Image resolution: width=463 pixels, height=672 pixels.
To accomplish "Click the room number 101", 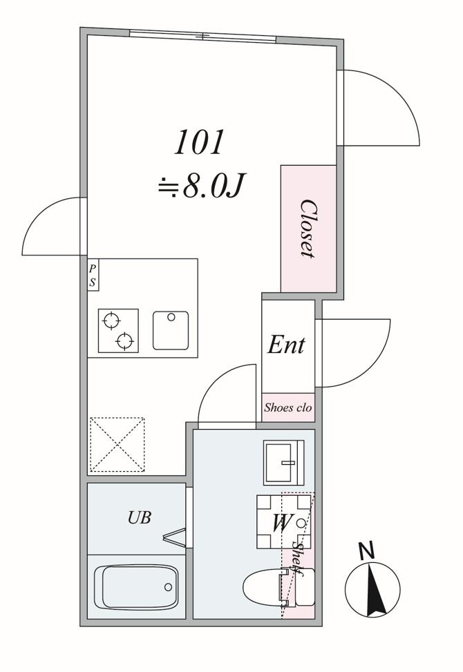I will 199,142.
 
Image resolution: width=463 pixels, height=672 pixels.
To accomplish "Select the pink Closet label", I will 308,229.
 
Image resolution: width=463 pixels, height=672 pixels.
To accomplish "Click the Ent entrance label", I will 286,345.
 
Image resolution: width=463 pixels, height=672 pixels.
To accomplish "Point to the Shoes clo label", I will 288,407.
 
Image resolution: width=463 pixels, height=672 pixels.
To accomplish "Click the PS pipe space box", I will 92,274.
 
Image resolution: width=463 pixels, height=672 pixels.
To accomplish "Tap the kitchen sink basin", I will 171,331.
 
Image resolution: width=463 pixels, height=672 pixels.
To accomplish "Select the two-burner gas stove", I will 118,331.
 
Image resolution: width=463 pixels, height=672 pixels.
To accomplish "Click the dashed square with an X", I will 117,444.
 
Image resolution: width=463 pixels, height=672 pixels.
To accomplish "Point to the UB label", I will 139,517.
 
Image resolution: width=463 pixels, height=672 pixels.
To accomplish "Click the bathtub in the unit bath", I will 136,587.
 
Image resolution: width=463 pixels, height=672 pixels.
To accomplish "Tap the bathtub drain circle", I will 168,587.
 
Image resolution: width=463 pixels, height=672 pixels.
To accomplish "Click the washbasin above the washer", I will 283,462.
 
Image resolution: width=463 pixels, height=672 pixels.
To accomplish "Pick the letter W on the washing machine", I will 279,523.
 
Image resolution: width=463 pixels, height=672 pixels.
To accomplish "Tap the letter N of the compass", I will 367,551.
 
